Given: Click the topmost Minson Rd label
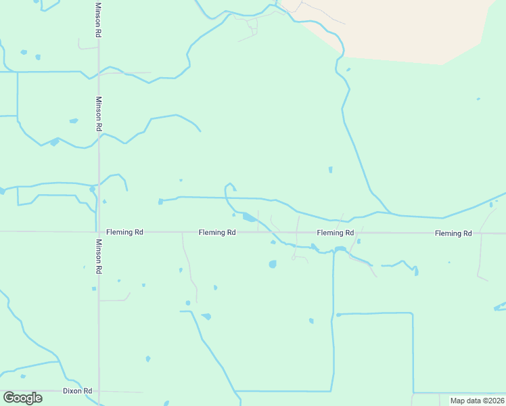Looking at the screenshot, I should pyautogui.click(x=99, y=20).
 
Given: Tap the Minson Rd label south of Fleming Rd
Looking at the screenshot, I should pyautogui.click(x=99, y=256).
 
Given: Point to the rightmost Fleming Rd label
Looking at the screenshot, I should pyautogui.click(x=453, y=233).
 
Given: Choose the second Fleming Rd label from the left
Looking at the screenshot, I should pyautogui.click(x=217, y=233).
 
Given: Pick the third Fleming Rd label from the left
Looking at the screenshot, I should pyautogui.click(x=336, y=233).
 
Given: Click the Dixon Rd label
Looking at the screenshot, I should pyautogui.click(x=77, y=391).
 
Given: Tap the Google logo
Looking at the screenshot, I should pyautogui.click(x=22, y=398).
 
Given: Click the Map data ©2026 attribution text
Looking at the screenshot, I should pyautogui.click(x=477, y=401).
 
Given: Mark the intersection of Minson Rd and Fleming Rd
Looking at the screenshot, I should pyautogui.click(x=99, y=232).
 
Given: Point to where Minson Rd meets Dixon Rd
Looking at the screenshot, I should pyautogui.click(x=99, y=391).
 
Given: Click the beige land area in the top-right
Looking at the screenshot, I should pyautogui.click(x=419, y=27).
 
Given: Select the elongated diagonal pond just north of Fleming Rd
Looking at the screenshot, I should pyautogui.click(x=250, y=217).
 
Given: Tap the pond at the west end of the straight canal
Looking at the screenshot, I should pyautogui.click(x=161, y=201).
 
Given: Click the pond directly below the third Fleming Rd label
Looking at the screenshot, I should pyautogui.click(x=340, y=250).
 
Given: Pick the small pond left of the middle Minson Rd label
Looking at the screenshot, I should pyautogui.click(x=73, y=121).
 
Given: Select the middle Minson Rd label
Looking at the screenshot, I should pyautogui.click(x=99, y=114).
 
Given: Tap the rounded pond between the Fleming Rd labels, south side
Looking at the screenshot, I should pyautogui.click(x=273, y=264).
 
